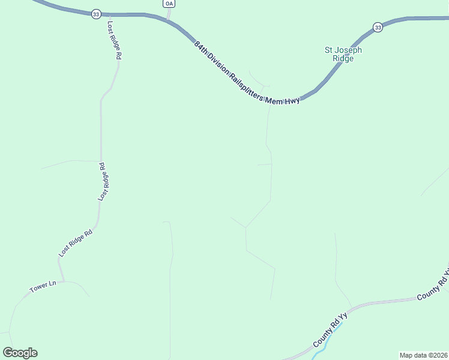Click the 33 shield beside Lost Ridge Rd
pyautogui.click(x=96, y=14)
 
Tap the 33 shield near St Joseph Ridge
pyautogui.click(x=377, y=27)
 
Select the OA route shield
pyautogui.click(x=169, y=4)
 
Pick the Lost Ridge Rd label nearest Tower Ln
pyautogui.click(x=76, y=243)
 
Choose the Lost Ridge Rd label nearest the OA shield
pyautogui.click(x=115, y=40)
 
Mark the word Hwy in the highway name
pyautogui.click(x=292, y=101)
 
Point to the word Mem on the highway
pyautogui.click(x=275, y=100)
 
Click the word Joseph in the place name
pyautogui.click(x=348, y=50)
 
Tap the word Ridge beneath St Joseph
pyautogui.click(x=343, y=58)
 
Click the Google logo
pyautogui.click(x=20, y=353)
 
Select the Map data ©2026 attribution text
pyautogui.click(x=423, y=355)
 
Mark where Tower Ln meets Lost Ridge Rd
pyautogui.click(x=61, y=281)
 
